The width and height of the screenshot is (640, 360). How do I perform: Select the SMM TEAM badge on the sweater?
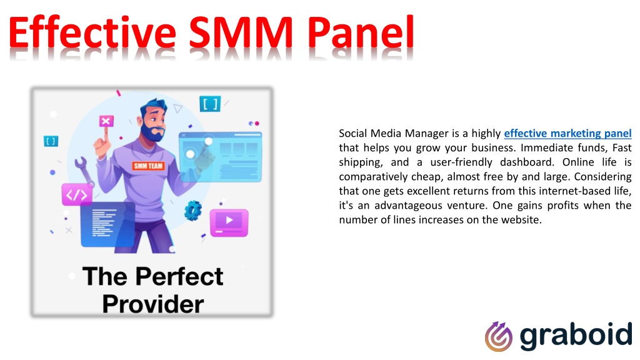[148, 166]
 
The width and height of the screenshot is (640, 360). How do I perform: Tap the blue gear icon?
[192, 209]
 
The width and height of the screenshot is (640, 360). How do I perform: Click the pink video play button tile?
[229, 221]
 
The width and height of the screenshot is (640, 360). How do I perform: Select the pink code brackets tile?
[76, 194]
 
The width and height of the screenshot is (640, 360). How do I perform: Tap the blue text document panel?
[107, 224]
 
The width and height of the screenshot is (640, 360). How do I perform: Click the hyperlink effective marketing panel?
[567, 133]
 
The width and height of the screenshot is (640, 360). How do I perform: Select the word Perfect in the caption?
[179, 276]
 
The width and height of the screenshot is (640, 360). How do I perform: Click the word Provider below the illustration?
[153, 304]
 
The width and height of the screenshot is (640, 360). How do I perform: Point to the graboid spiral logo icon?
[498, 336]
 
